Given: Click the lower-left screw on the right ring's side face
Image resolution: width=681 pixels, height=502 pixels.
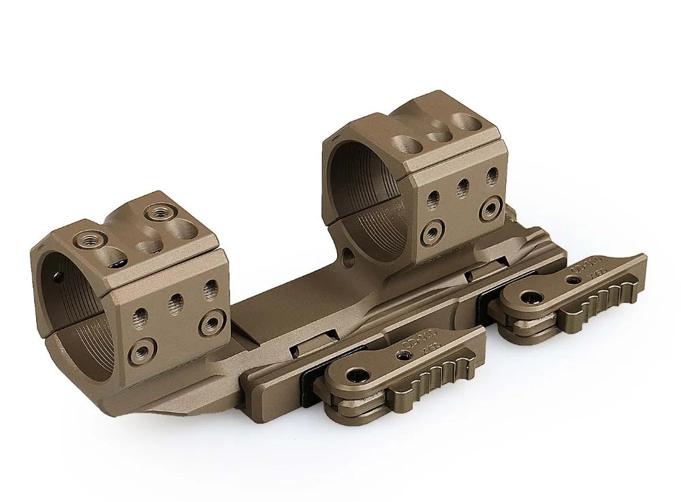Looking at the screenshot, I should tap(431, 233).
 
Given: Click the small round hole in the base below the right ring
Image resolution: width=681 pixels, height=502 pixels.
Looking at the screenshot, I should tap(349, 256).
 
